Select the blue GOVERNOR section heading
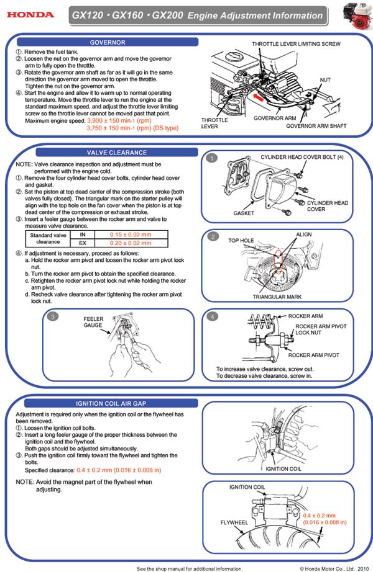pyautogui.click(x=108, y=42)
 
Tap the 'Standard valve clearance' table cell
pyautogui.click(x=48, y=239)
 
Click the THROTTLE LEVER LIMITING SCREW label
pyautogui.click(x=296, y=45)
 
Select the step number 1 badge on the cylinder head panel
pyautogui.click(x=213, y=159)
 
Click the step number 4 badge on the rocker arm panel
pyautogui.click(x=213, y=317)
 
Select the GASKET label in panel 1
pyautogui.click(x=244, y=213)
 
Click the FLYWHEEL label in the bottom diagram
pyautogui.click(x=234, y=523)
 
